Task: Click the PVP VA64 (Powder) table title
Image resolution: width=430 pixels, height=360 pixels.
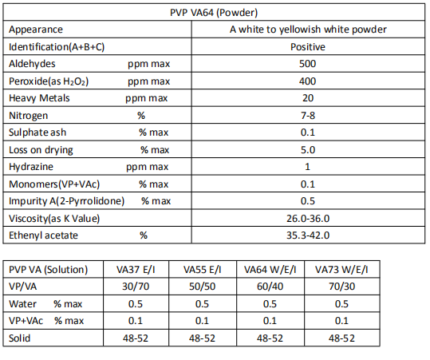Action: tap(214, 13)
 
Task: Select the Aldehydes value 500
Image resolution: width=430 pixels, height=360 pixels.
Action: tap(307, 64)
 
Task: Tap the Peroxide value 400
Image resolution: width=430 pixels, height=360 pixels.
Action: tap(307, 81)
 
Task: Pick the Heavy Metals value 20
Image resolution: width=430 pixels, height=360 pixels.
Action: tap(308, 98)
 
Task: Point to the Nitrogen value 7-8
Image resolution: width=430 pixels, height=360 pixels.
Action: tap(308, 116)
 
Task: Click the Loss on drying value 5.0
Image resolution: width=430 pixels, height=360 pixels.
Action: tap(308, 150)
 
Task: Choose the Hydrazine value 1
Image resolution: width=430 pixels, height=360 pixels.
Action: tap(307, 167)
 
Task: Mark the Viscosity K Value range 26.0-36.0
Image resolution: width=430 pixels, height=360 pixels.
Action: tap(308, 219)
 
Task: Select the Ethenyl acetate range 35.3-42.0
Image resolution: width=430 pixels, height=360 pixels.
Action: tap(308, 235)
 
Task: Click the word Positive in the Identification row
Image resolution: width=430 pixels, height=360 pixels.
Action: tap(308, 47)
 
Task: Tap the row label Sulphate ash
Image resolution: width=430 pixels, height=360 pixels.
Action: tap(37, 133)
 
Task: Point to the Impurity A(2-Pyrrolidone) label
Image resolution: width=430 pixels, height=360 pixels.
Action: tap(67, 201)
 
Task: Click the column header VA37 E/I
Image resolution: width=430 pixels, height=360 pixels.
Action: tap(136, 270)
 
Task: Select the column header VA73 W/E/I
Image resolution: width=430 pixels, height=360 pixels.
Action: tap(341, 270)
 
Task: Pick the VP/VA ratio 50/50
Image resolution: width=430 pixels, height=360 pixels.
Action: tap(202, 287)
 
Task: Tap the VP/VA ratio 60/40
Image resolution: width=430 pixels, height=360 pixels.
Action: tap(270, 287)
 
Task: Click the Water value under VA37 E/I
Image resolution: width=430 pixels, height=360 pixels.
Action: tap(136, 304)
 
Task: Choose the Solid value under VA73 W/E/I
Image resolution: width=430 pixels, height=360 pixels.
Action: tap(341, 338)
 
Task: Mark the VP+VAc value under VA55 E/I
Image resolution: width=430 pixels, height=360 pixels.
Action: tap(202, 321)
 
